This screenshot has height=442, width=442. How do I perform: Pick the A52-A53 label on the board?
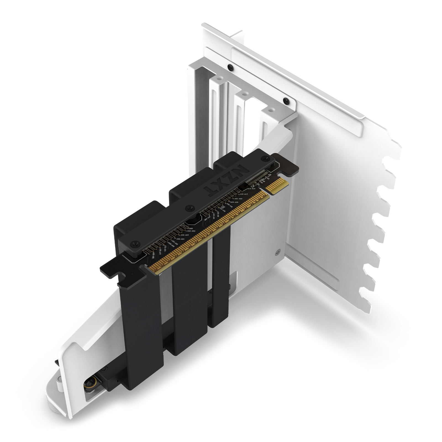(x=191, y=231)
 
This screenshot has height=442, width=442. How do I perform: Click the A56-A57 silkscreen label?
(x=184, y=235)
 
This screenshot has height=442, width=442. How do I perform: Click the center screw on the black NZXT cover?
(x=189, y=207)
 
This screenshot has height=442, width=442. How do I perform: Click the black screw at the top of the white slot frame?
(x=230, y=67)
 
